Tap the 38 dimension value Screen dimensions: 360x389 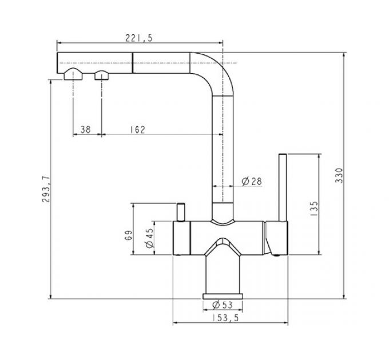tap(86, 130)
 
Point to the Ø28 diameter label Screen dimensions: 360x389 tap(252, 181)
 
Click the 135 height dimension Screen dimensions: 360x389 tap(313, 207)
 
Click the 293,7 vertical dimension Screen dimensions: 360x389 tap(47, 189)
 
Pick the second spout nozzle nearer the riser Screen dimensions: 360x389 tap(102, 74)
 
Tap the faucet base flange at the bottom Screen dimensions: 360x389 tap(223, 295)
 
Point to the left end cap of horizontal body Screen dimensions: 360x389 tap(181, 238)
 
